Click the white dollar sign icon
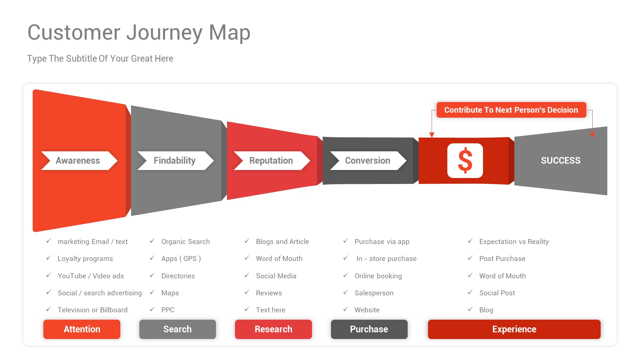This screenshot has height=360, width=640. click(465, 161)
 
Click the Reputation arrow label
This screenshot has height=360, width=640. click(271, 161)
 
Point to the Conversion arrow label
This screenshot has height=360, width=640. click(368, 161)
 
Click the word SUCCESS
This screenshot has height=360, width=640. click(560, 161)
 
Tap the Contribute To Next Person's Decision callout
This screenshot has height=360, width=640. click(511, 110)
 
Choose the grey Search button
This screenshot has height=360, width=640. click(177, 329)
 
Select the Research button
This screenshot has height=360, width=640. click(273, 329)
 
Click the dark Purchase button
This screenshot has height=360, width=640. click(369, 329)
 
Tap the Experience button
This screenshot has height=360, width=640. click(514, 329)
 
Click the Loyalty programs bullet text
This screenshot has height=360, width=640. click(85, 259)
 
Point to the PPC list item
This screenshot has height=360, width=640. click(168, 310)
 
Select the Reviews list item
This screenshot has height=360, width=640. click(269, 293)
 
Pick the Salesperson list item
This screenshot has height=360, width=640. click(374, 293)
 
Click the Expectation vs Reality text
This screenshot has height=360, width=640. click(514, 242)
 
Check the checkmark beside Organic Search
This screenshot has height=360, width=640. click(152, 241)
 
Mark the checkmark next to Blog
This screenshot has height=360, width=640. click(470, 309)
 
